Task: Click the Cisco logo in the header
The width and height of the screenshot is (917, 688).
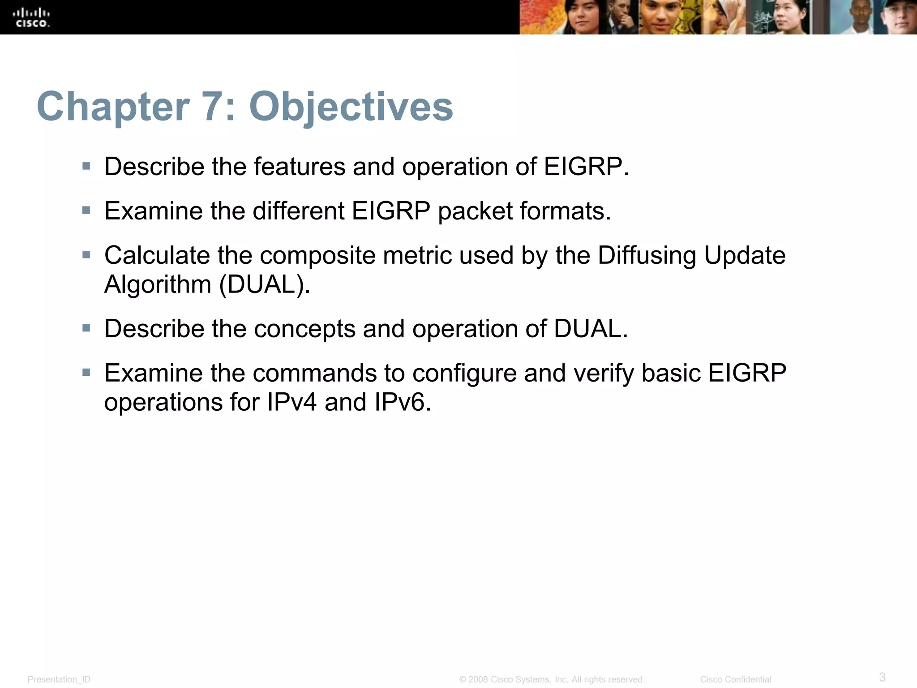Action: coord(31,18)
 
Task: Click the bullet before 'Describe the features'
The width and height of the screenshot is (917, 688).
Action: coord(86,167)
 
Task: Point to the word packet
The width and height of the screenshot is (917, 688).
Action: coord(475,211)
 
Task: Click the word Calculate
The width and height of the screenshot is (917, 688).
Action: coord(157,255)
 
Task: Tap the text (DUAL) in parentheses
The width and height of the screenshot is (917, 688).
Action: coord(264,284)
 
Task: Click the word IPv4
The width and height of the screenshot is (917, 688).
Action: coord(291,402)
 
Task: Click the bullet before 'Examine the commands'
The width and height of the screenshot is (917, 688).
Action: coord(86,372)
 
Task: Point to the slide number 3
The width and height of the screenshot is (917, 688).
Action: coord(882,677)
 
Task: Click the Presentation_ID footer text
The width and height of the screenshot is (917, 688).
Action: coord(59,679)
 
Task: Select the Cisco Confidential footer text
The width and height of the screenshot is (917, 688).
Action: coord(735,679)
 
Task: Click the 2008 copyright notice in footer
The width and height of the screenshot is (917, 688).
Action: coord(552,679)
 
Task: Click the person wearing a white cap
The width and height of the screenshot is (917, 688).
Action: coord(898,18)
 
